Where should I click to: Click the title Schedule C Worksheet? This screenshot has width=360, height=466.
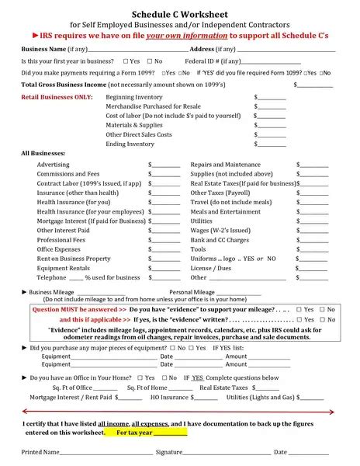pos(180,14)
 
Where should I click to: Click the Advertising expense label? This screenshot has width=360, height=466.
pos(53,165)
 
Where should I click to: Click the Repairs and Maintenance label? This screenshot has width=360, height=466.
pos(226,165)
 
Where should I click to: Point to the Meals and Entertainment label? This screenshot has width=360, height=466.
pos(226,211)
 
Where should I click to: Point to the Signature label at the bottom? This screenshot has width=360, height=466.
pos(168,451)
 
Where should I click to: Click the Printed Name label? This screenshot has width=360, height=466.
pos(40,451)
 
